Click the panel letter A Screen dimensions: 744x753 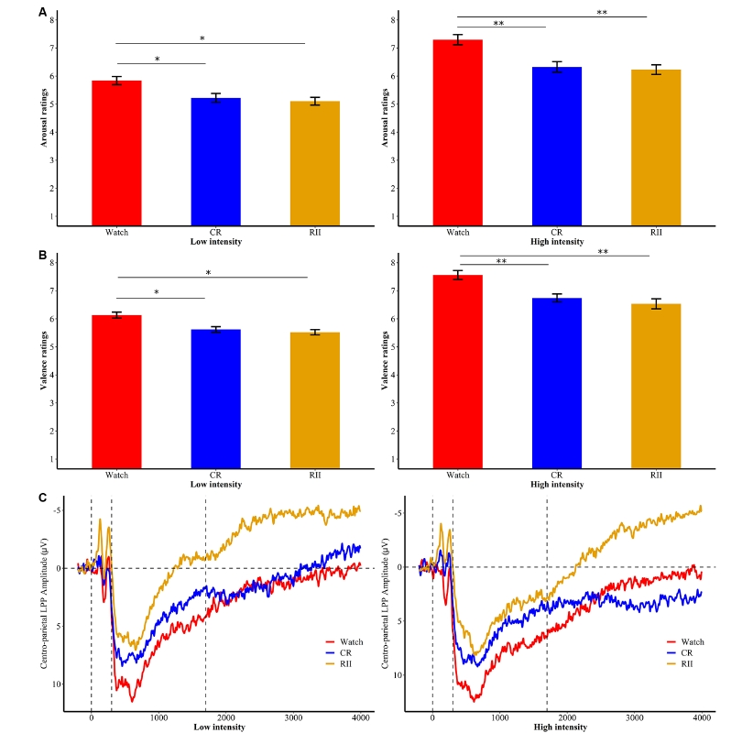coord(43,12)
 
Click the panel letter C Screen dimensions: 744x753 coord(43,498)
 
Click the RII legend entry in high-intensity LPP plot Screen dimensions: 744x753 coord(689,662)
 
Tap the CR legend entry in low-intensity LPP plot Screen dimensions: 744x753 coord(345,653)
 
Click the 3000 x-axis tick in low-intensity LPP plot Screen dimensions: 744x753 coord(293,718)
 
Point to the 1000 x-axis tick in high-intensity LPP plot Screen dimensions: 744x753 coord(499,718)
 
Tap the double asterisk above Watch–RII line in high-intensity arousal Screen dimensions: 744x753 coord(602,13)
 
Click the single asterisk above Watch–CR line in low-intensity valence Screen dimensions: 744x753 coord(157,293)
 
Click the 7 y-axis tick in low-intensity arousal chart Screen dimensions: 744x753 coord(51,48)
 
